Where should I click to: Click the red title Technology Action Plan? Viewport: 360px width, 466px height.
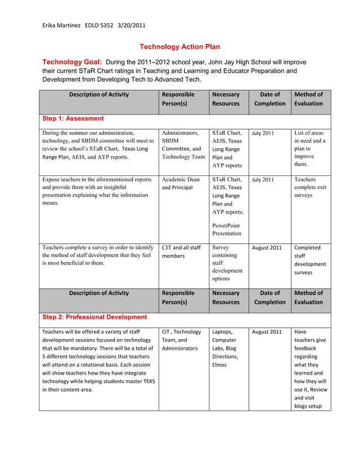click(179, 47)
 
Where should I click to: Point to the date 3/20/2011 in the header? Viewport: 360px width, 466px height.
click(131, 25)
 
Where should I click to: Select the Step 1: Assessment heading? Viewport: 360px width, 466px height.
click(73, 118)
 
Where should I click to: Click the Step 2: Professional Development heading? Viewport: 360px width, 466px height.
click(95, 317)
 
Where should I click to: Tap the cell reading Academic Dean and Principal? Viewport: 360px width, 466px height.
click(181, 183)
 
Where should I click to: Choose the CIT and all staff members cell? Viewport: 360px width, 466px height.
click(181, 252)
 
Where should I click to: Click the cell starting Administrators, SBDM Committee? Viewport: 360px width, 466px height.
click(183, 145)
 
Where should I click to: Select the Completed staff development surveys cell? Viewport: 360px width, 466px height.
click(310, 260)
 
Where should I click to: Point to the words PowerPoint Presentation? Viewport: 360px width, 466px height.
click(227, 229)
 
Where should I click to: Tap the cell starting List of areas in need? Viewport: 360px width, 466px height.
click(310, 148)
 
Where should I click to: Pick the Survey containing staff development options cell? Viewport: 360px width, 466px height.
click(227, 263)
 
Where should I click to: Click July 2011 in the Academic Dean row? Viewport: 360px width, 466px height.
click(263, 180)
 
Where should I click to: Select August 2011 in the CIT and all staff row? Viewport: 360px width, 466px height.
click(267, 248)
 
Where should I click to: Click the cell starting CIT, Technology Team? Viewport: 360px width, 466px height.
click(181, 340)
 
